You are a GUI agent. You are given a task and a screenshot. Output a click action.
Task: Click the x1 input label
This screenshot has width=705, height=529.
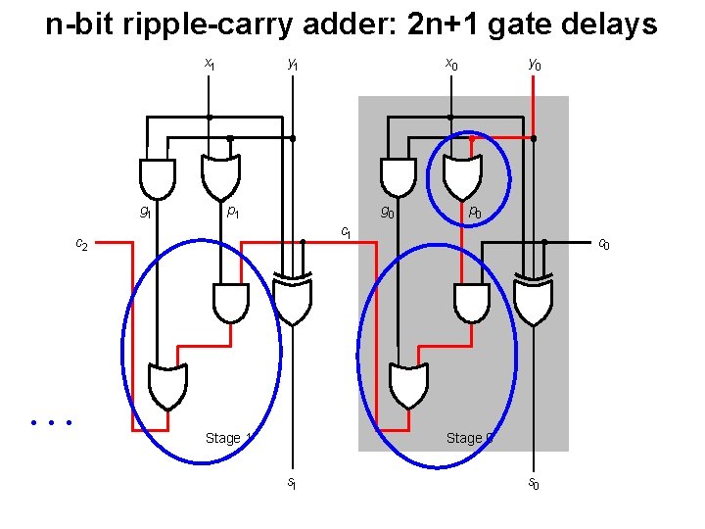[209, 64]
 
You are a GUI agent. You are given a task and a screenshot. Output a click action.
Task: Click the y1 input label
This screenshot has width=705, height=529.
[292, 64]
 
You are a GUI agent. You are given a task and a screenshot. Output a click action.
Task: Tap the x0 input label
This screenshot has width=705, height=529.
[450, 64]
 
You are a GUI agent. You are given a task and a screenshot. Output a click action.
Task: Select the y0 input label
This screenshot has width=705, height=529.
[534, 64]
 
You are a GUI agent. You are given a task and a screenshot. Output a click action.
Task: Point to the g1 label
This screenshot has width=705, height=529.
[144, 211]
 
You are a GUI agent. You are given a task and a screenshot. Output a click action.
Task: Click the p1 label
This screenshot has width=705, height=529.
[233, 211]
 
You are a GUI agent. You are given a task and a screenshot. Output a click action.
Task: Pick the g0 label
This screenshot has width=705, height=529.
[388, 211]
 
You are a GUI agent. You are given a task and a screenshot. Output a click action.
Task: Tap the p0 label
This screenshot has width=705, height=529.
[474, 211]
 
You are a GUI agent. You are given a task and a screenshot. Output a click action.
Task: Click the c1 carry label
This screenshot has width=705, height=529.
[345, 231]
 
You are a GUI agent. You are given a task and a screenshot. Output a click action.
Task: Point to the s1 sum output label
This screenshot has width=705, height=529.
[292, 482]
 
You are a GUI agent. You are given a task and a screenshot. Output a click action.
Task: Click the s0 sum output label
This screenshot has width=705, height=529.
[534, 482]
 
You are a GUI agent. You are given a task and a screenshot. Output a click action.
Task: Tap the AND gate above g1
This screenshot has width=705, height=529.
[158, 177]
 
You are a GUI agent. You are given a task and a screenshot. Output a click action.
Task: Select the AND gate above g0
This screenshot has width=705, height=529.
[398, 177]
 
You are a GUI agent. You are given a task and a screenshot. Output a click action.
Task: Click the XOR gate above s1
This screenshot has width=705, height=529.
[293, 300]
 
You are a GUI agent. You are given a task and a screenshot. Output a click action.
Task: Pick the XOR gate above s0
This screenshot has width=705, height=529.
[534, 300]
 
